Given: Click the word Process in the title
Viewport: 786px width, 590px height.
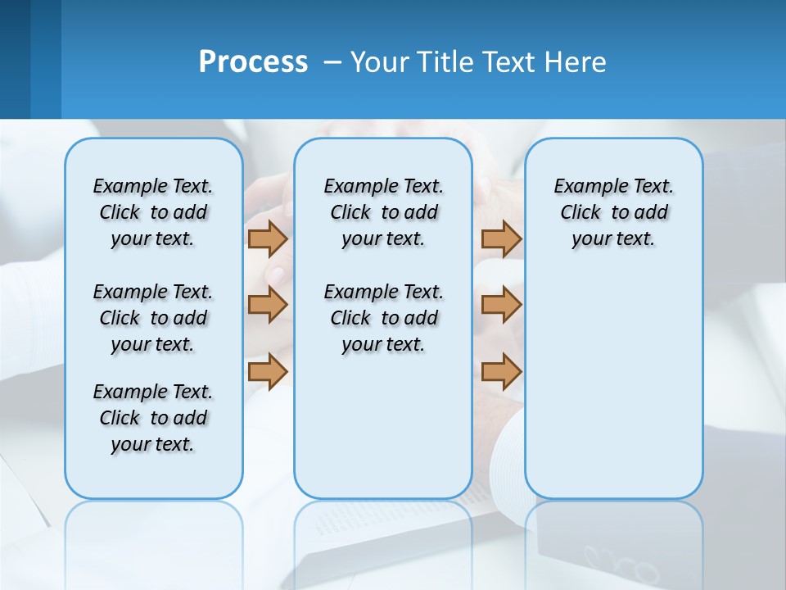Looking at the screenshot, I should click(x=253, y=61).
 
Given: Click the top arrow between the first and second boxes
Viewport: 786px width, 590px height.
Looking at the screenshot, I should click(x=268, y=238).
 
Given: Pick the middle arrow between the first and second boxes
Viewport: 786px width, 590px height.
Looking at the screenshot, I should click(x=268, y=305).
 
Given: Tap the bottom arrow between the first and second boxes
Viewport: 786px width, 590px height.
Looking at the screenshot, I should click(x=268, y=372).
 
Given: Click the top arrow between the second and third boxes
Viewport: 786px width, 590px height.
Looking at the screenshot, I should click(x=501, y=238).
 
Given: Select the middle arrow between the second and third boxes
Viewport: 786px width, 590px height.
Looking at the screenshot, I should click(x=501, y=305).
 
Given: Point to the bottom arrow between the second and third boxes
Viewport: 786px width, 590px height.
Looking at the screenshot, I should click(x=501, y=372).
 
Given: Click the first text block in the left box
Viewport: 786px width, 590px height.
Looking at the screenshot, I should click(x=153, y=212).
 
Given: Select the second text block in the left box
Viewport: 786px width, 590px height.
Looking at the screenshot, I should click(x=153, y=318).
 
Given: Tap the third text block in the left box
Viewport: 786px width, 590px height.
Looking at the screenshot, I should click(x=153, y=418).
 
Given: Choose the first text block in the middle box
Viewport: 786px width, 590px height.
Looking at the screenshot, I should click(x=383, y=212).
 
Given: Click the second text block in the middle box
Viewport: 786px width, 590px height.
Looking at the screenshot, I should click(x=383, y=318).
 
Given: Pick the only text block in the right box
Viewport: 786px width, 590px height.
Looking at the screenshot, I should click(x=613, y=212).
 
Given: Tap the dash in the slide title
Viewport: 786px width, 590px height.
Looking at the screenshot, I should click(x=332, y=62).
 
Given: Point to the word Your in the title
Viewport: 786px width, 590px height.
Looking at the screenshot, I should click(x=381, y=61).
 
